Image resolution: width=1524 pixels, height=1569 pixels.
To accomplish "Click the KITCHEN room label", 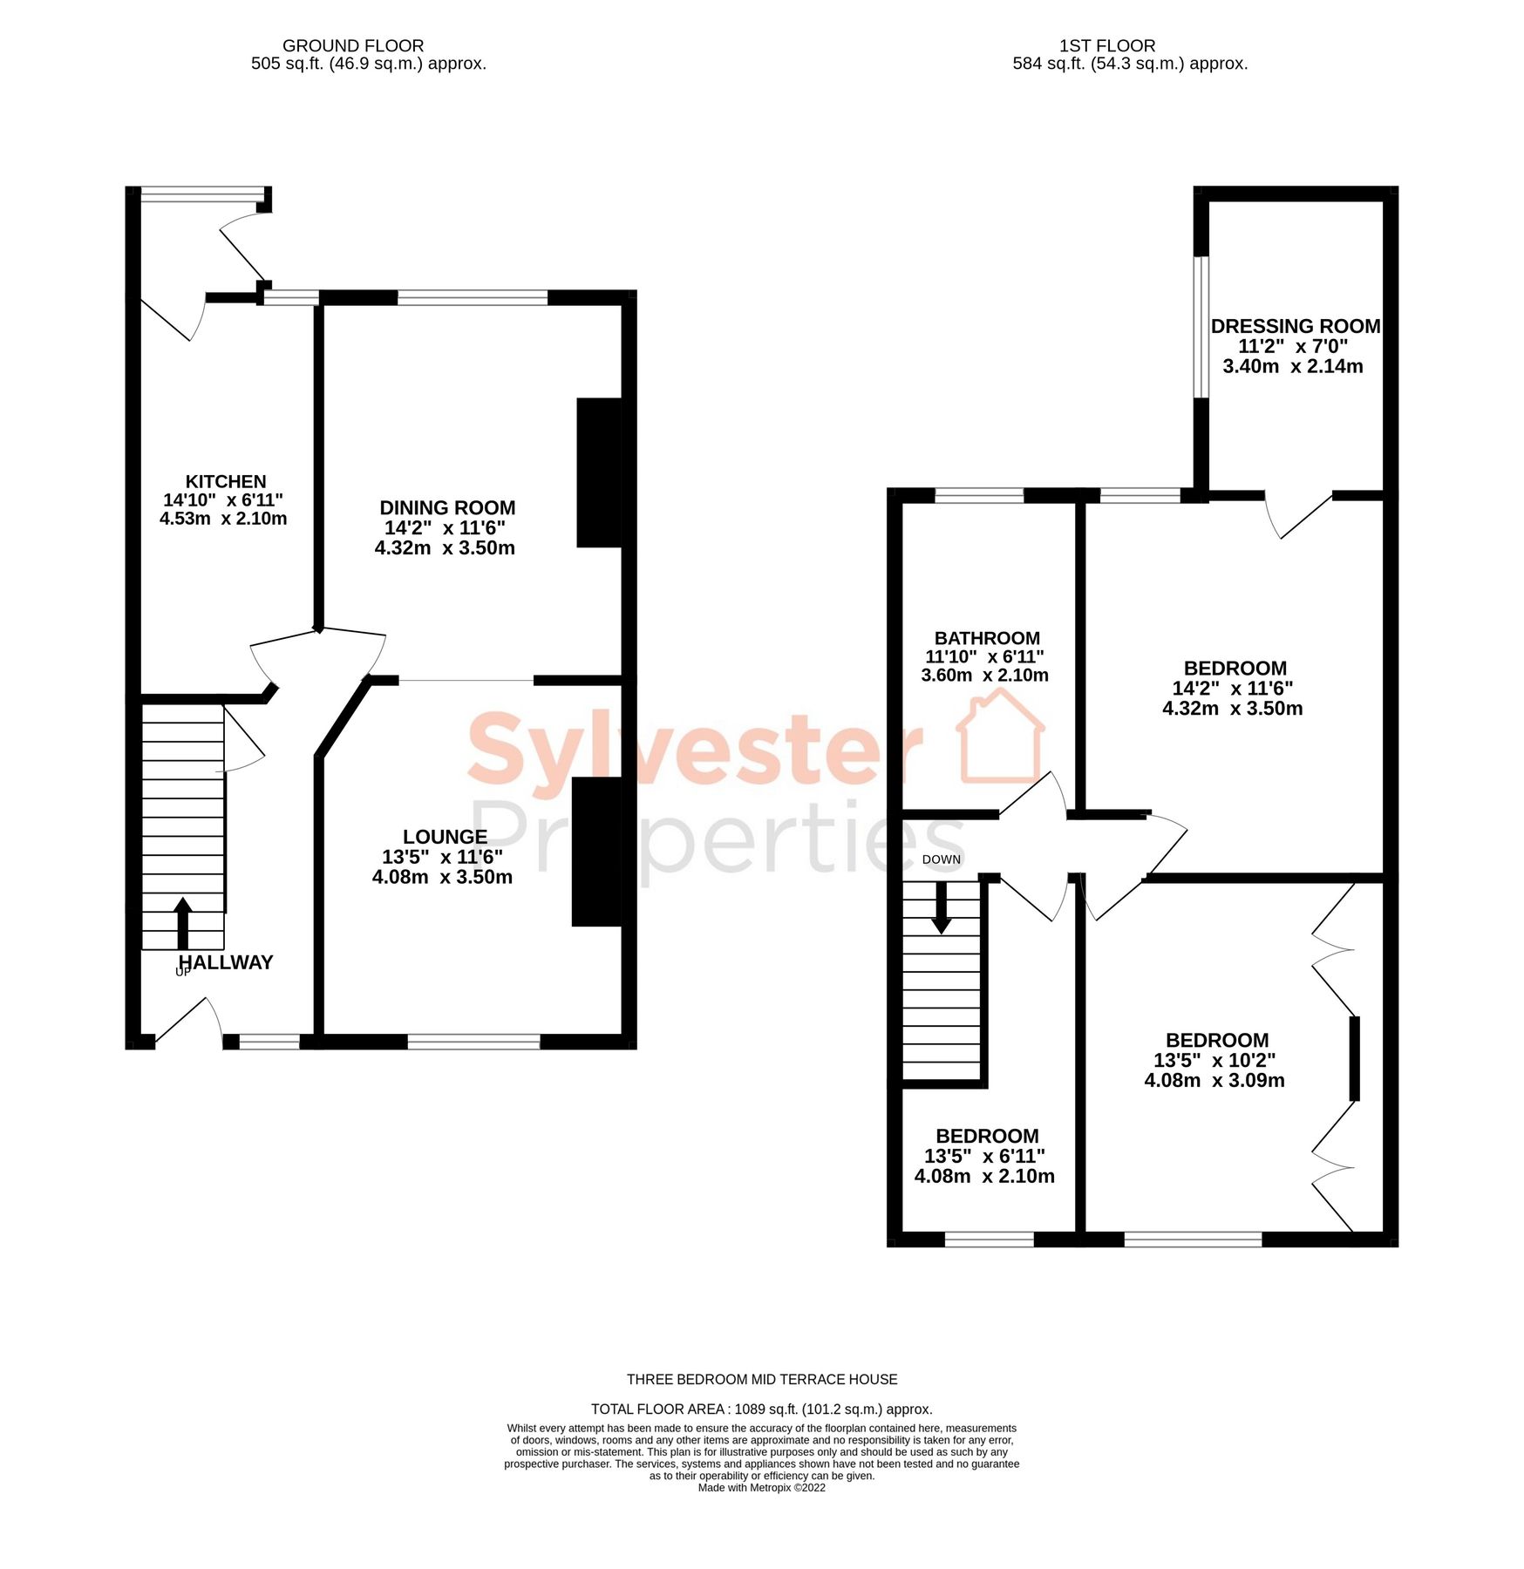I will point(225,481).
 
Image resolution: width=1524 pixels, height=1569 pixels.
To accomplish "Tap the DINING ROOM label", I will point(446,507).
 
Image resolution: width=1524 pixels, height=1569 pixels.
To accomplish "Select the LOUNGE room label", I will point(444,837).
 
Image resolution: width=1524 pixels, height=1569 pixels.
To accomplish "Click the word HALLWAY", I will point(226,962).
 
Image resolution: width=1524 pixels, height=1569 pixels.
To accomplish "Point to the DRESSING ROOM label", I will point(1295,326).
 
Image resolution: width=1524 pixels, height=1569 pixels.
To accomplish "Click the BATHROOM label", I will point(986,638).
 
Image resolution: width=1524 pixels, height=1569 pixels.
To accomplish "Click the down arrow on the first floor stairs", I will point(941,908).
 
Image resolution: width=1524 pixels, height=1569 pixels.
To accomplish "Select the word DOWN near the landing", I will point(941,859).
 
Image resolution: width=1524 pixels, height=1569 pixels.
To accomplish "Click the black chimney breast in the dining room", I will point(600,472).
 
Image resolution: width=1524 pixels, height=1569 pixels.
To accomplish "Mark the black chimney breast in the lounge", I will point(597,851).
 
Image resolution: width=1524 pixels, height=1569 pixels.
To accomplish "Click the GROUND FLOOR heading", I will point(352,45).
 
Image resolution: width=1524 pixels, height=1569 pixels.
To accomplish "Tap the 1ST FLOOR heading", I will point(1106,45).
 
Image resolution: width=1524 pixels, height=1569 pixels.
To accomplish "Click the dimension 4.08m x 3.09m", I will point(1214,1080).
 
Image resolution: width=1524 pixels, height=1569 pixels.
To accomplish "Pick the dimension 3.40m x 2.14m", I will point(1292,366).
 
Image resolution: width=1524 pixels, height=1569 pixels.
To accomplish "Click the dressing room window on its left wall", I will point(1201,326).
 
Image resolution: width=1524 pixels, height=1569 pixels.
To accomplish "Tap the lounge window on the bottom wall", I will point(473,1041).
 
